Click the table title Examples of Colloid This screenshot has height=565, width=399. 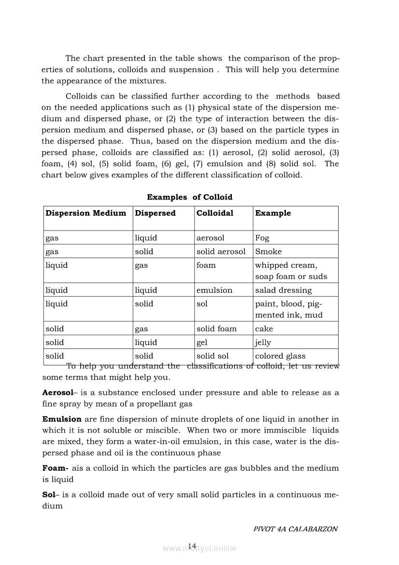tap(189, 197)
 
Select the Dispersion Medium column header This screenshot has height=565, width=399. tap(85, 213)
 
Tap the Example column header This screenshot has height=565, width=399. tap(273, 213)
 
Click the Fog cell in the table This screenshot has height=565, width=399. tap(262, 238)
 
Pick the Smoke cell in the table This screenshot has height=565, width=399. tap(268, 251)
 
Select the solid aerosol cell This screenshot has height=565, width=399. tap(221, 251)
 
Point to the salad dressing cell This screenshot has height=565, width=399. tap(283, 290)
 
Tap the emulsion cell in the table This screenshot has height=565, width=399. tap(214, 290)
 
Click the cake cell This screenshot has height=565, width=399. tap(264, 329)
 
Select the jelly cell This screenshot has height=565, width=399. tap(263, 342)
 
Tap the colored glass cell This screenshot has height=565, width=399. tap(280, 356)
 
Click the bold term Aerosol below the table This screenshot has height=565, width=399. tap(57, 392)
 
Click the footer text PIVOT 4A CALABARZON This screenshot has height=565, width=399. tap(295, 529)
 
